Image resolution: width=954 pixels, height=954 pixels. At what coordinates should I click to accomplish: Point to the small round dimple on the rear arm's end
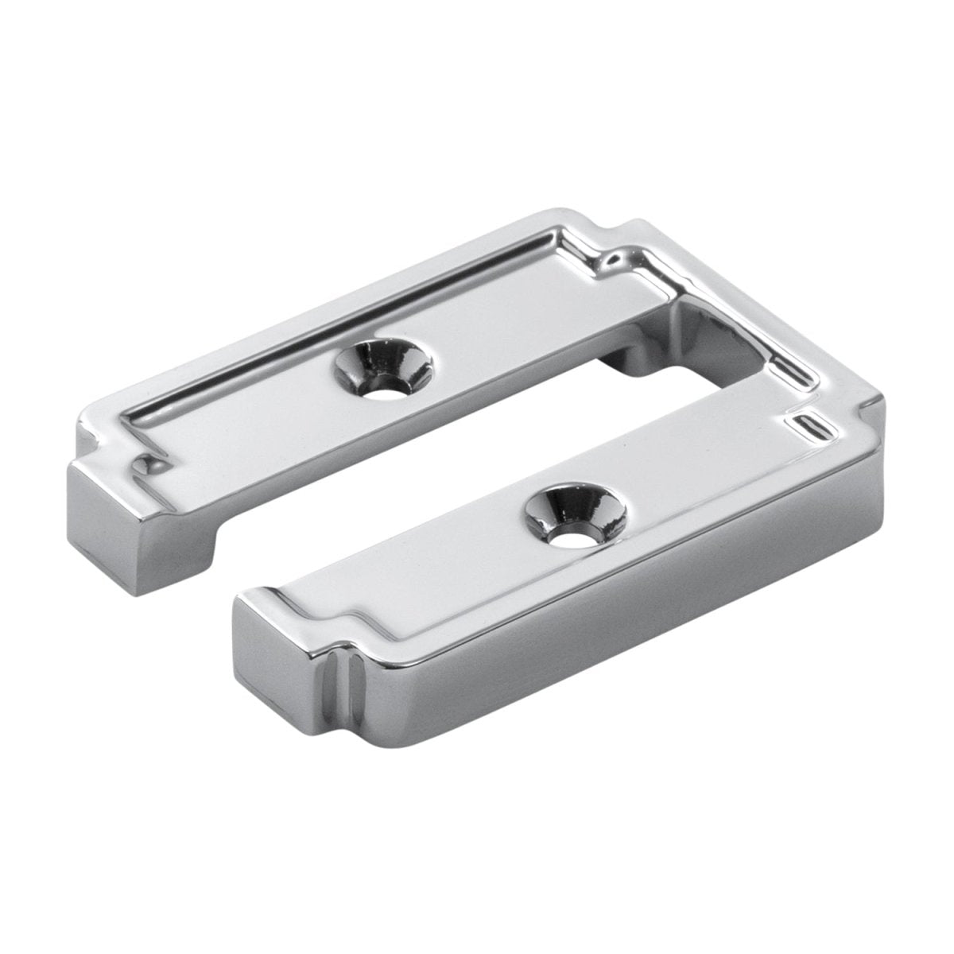point(145,462)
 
